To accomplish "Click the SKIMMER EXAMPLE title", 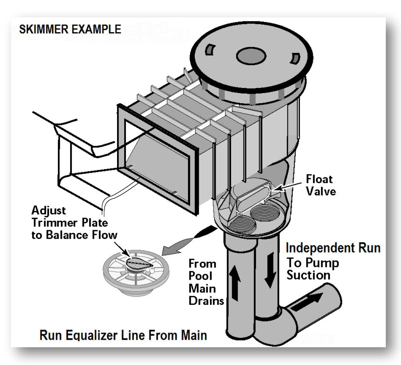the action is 70,29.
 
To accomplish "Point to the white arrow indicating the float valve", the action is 286,187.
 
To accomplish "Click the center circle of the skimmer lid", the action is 251,56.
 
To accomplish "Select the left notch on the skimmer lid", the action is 210,49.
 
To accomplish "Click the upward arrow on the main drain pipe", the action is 235,283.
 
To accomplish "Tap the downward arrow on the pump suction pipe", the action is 270,270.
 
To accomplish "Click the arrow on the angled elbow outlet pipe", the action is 307,302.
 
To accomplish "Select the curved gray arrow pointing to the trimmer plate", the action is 189,241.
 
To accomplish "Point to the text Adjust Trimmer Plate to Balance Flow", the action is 74,223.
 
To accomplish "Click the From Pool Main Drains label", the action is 206,283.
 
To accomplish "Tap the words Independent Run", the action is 333,248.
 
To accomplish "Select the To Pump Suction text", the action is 313,269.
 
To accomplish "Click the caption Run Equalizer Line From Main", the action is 123,335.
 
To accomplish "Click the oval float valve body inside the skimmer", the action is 253,194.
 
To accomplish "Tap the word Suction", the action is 308,275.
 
